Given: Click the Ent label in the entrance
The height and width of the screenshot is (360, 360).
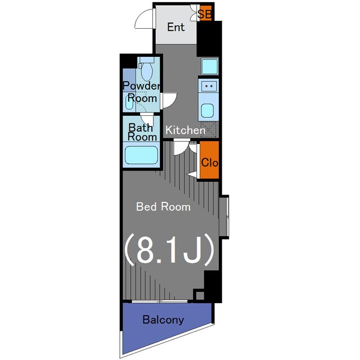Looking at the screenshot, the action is coord(176,27).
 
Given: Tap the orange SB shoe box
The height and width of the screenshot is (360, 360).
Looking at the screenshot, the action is coord(205,13).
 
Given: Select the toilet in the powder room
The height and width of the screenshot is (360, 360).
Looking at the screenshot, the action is coord(146,69).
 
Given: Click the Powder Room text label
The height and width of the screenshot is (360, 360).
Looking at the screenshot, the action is coord(142,92).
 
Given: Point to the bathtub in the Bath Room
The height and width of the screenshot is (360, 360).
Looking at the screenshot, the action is coord(141,155).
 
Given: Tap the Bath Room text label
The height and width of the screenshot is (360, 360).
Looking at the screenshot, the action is coord(142,132).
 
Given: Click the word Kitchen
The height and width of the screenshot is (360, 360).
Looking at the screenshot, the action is coord(185,130).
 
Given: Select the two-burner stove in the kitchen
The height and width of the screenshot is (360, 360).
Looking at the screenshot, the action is coord(209,86).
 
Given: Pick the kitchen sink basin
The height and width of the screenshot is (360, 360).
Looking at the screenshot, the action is coord(208,110).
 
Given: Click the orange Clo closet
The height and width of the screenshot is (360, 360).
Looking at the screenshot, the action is coord(209,160).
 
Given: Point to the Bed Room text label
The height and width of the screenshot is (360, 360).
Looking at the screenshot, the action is coord(163,206).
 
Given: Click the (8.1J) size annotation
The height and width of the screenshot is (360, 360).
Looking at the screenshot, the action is coord(169,250).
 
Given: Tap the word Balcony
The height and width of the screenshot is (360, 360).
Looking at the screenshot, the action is coord(163,319).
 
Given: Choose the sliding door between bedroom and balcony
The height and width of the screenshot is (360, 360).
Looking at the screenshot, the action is coord(160,301).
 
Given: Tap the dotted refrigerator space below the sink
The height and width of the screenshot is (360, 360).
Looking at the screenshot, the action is coord(209,129).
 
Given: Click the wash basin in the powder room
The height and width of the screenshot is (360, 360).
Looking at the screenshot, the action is coord(129,102).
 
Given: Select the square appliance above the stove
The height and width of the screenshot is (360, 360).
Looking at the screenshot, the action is coord(210,66).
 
